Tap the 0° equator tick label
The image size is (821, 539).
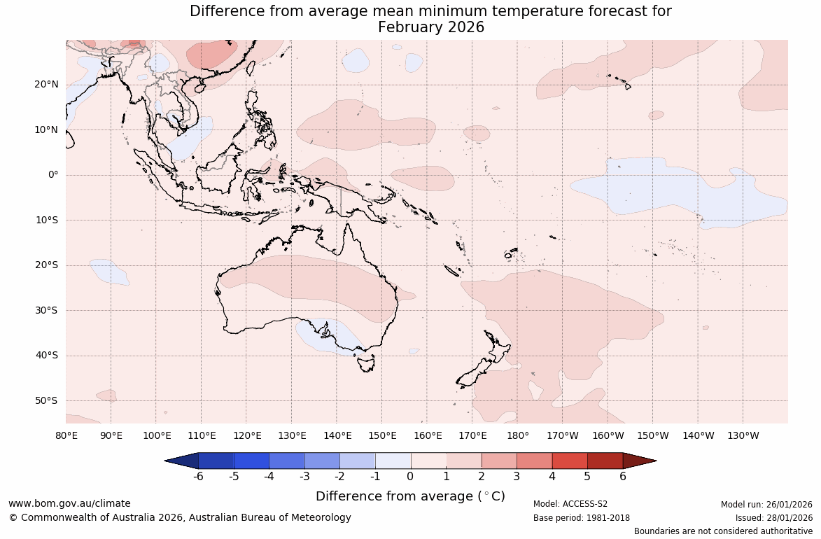(x=53, y=175)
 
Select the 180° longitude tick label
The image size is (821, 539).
(x=518, y=435)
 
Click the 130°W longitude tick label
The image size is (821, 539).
(x=743, y=435)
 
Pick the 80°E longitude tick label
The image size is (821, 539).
(x=66, y=435)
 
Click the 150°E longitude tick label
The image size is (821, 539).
(x=382, y=435)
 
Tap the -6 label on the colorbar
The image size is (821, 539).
(x=198, y=477)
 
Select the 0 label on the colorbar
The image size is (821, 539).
(x=410, y=477)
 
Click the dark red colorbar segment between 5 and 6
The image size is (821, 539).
(x=605, y=461)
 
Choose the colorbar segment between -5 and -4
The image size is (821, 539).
(x=251, y=461)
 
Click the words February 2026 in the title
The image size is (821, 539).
(x=430, y=27)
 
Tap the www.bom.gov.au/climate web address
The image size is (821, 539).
(x=69, y=503)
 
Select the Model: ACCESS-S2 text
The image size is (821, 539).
(x=570, y=504)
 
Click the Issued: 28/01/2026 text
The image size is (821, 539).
(x=773, y=518)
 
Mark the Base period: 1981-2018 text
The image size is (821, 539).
(x=581, y=518)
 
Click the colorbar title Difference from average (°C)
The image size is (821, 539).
(x=410, y=496)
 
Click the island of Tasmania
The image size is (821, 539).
(x=365, y=363)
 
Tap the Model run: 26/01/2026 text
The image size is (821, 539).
(x=766, y=504)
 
